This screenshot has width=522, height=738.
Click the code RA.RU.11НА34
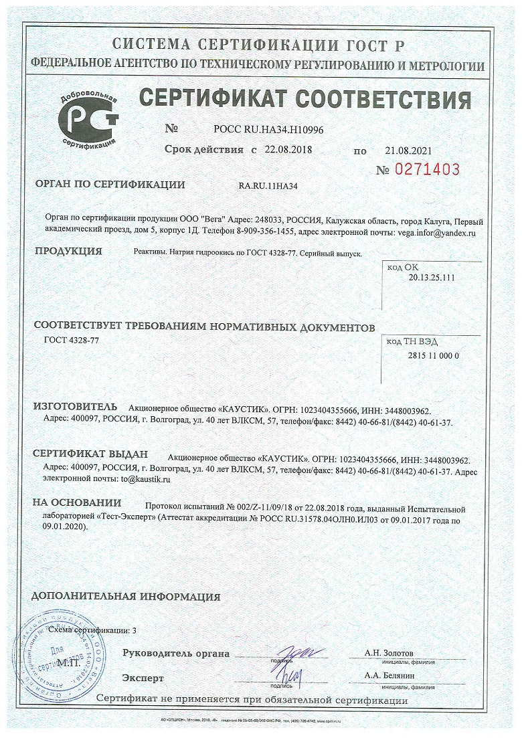click(x=268, y=186)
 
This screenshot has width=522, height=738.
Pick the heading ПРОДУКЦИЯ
click(x=68, y=252)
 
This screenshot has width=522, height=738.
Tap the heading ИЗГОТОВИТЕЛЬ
click(x=75, y=407)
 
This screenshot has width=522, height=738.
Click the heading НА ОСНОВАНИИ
click(x=77, y=502)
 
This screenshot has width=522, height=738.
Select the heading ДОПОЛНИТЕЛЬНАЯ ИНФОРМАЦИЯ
click(x=126, y=596)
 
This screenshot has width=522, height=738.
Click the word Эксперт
click(x=143, y=678)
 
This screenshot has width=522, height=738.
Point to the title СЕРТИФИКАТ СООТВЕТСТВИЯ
click(x=304, y=100)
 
